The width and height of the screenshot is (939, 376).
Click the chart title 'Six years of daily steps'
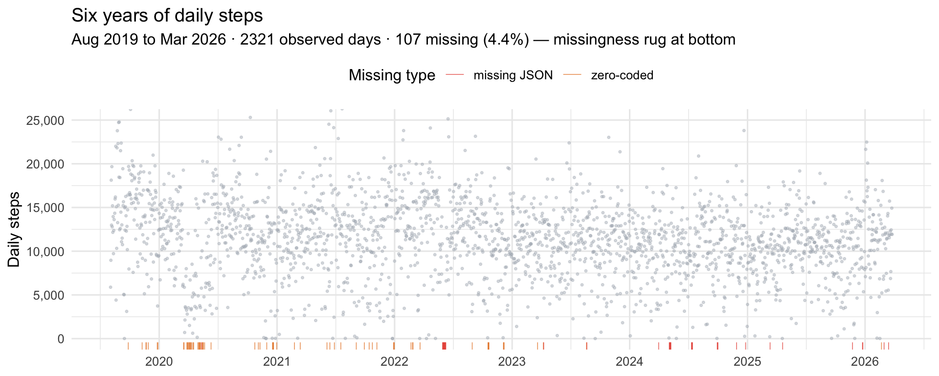[167, 16]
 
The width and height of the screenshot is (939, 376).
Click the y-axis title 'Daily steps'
[14, 230]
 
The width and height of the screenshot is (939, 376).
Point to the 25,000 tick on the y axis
[44, 120]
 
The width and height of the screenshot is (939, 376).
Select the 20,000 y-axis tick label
[44, 164]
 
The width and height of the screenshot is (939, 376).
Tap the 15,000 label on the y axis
[44, 208]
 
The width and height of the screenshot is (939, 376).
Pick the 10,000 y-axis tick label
[44, 252]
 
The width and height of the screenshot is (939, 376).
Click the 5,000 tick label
[47, 295]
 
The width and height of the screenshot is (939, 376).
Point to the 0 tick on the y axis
[61, 339]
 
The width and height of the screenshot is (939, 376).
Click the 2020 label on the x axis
[159, 362]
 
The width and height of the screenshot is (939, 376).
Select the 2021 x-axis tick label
[277, 362]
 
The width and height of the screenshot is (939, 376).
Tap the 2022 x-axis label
[394, 362]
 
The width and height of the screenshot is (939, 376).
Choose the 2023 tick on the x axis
[512, 362]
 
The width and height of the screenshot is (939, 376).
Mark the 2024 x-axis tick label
[629, 362]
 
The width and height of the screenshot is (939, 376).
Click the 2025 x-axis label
[747, 362]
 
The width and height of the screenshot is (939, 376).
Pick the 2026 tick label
[865, 362]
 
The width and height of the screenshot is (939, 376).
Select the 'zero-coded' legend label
[622, 75]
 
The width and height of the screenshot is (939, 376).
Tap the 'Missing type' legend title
[392, 75]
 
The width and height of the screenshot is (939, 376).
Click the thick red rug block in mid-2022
[444, 346]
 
